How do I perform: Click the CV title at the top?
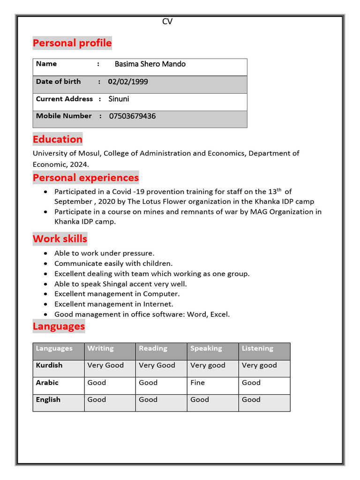[x=167, y=22]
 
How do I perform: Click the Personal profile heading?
[x=72, y=43]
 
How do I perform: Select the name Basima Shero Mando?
[x=150, y=64]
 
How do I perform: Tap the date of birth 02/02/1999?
[x=128, y=82]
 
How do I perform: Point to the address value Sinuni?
[x=119, y=99]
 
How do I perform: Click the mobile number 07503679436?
[x=132, y=116]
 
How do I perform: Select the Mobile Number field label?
[x=64, y=116]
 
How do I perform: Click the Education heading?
[x=57, y=139]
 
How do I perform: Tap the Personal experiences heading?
[x=86, y=178]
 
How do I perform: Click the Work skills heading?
[x=60, y=239]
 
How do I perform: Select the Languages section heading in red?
[x=59, y=326]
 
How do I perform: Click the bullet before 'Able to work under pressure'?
[x=45, y=254]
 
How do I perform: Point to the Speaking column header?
[x=206, y=348]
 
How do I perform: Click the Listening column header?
[x=257, y=348]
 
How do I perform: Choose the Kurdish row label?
[x=49, y=365]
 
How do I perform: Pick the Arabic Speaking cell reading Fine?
[x=197, y=382]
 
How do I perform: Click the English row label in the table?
[x=48, y=400]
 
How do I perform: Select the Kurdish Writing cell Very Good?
[x=105, y=365]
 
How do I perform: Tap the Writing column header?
[x=100, y=348]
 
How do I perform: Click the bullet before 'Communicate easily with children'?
[x=45, y=264]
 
